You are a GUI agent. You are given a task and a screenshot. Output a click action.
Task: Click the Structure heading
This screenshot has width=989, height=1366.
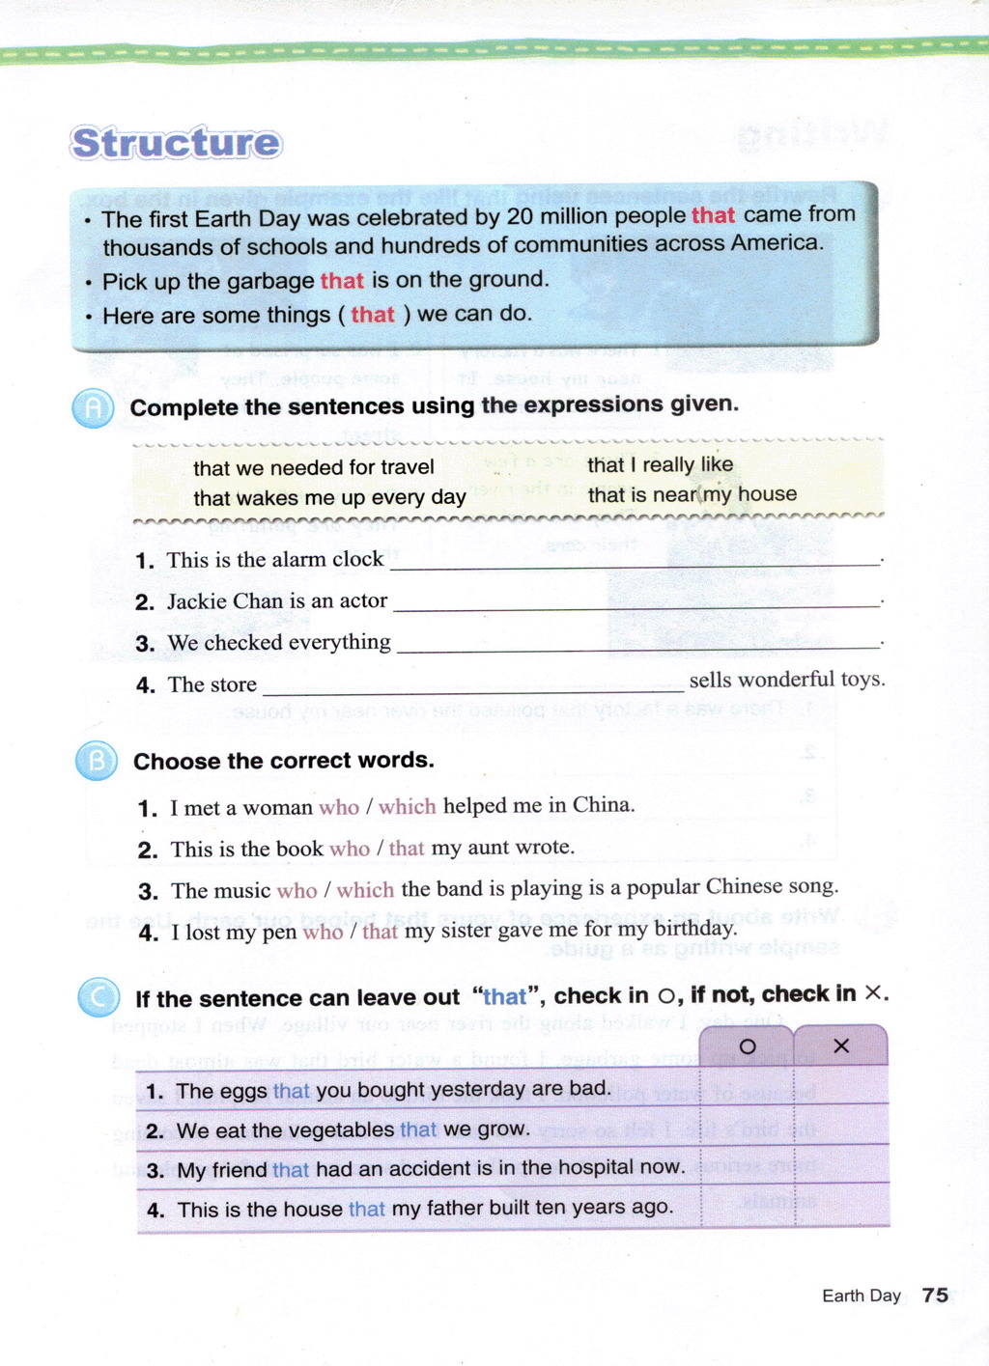tap(176, 143)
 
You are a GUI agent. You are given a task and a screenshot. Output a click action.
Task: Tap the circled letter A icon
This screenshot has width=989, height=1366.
tap(93, 409)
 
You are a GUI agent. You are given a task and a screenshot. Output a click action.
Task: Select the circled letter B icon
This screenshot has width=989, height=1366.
tap(96, 762)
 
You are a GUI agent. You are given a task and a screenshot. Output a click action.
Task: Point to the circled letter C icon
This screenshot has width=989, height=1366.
tap(99, 997)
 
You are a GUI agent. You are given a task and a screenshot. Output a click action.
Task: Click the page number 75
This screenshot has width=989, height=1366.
tap(935, 1295)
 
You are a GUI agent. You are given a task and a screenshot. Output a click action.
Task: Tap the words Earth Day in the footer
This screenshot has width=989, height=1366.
tap(861, 1296)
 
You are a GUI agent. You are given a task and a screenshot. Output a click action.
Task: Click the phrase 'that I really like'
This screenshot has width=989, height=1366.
tap(660, 464)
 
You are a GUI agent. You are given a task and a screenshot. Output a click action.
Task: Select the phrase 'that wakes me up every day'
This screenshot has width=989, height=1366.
tap(329, 498)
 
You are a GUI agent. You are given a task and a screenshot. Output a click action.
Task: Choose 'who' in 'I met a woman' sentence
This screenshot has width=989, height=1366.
tap(338, 807)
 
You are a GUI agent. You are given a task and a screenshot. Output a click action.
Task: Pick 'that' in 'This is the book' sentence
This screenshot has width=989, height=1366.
tap(407, 849)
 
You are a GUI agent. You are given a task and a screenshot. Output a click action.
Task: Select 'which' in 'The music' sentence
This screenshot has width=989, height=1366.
tap(365, 890)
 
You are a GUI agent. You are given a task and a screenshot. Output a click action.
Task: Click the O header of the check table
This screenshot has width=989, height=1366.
tap(747, 1046)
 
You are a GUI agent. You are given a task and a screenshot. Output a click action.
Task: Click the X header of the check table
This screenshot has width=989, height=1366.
tap(840, 1046)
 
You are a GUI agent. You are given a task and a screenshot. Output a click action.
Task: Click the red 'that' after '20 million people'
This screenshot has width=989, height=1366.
tap(713, 215)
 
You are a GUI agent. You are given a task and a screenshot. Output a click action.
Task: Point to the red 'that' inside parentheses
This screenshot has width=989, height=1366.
tap(373, 315)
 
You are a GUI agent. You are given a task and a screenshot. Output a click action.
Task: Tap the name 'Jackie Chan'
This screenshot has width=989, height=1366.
tap(225, 601)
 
